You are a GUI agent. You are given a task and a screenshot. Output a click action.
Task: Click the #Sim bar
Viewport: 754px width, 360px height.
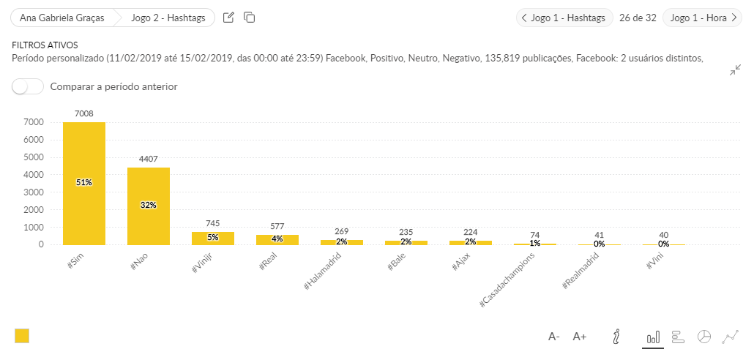tap(84, 183)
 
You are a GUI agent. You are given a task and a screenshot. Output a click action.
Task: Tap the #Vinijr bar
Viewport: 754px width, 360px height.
tap(213, 238)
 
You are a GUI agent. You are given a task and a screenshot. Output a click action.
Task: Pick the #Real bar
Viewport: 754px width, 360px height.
tap(277, 239)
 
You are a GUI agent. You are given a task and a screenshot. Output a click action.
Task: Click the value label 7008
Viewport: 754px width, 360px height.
tap(84, 113)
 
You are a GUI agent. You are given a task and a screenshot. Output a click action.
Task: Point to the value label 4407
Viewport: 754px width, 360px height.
tap(149, 159)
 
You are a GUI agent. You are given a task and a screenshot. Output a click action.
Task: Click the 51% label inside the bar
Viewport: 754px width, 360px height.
tap(84, 182)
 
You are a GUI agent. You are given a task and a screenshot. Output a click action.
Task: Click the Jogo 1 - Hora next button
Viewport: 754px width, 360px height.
tap(702, 18)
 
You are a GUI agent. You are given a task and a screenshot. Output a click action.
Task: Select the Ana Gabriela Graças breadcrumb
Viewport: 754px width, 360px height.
tap(61, 18)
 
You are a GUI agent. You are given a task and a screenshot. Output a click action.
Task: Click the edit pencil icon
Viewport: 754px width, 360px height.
tap(228, 18)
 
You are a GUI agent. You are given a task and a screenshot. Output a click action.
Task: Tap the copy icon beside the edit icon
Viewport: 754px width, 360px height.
tap(249, 18)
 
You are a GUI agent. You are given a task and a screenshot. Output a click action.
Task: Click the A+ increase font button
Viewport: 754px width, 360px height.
tap(580, 337)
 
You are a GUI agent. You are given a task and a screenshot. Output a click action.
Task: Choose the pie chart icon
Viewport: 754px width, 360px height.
tap(704, 337)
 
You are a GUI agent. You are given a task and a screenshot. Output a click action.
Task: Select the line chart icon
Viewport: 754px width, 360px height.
tap(730, 337)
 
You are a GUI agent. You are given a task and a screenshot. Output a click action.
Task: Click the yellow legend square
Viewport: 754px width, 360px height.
tap(22, 336)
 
